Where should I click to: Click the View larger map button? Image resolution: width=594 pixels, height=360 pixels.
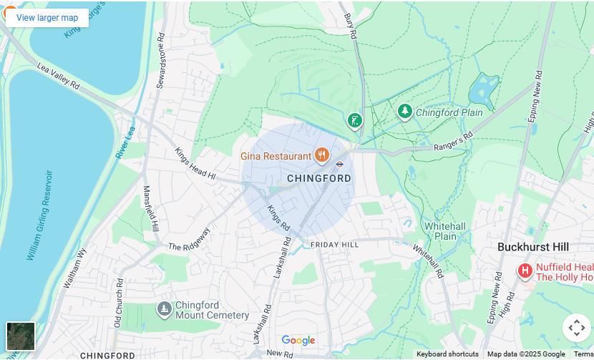click(x=47, y=18)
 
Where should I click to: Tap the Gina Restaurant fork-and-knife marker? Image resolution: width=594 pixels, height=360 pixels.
click(x=322, y=155)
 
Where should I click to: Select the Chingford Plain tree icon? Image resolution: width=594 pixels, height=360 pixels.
click(x=405, y=112)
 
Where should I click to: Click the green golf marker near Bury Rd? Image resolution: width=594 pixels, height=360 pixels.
click(x=354, y=120)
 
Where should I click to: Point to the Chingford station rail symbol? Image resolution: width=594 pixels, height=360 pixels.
click(x=340, y=164)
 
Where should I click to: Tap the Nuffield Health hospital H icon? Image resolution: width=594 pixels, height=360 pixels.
click(x=525, y=271)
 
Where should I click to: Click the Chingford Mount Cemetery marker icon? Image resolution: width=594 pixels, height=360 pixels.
click(x=165, y=309)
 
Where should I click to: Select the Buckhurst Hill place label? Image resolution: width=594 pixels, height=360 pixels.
click(x=533, y=247)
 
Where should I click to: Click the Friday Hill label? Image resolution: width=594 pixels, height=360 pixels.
click(x=334, y=245)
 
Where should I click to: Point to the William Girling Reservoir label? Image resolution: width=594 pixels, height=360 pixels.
click(x=40, y=215)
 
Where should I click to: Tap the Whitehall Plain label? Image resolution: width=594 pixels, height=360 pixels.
click(x=445, y=231)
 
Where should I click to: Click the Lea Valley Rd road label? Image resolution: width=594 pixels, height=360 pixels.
click(x=59, y=75)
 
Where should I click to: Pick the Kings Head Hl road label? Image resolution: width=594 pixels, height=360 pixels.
click(x=195, y=163)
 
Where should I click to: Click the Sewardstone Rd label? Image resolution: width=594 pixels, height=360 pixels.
click(x=161, y=61)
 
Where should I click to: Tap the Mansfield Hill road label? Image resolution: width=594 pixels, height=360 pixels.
click(x=151, y=208)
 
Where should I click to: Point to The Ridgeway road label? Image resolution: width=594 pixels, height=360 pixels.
click(x=189, y=240)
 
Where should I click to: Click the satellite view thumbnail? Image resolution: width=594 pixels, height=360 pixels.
click(x=21, y=336)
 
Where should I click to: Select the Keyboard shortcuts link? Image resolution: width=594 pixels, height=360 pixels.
click(x=447, y=354)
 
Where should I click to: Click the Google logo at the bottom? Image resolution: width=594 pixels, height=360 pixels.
click(x=298, y=341)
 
